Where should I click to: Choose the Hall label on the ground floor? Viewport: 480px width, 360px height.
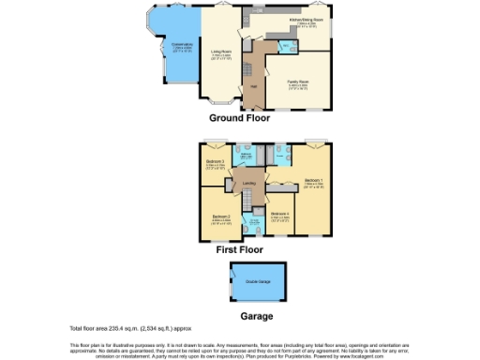click(253, 87)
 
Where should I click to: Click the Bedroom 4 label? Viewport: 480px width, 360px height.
click(280, 214)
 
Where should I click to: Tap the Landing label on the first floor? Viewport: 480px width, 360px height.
click(248, 183)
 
